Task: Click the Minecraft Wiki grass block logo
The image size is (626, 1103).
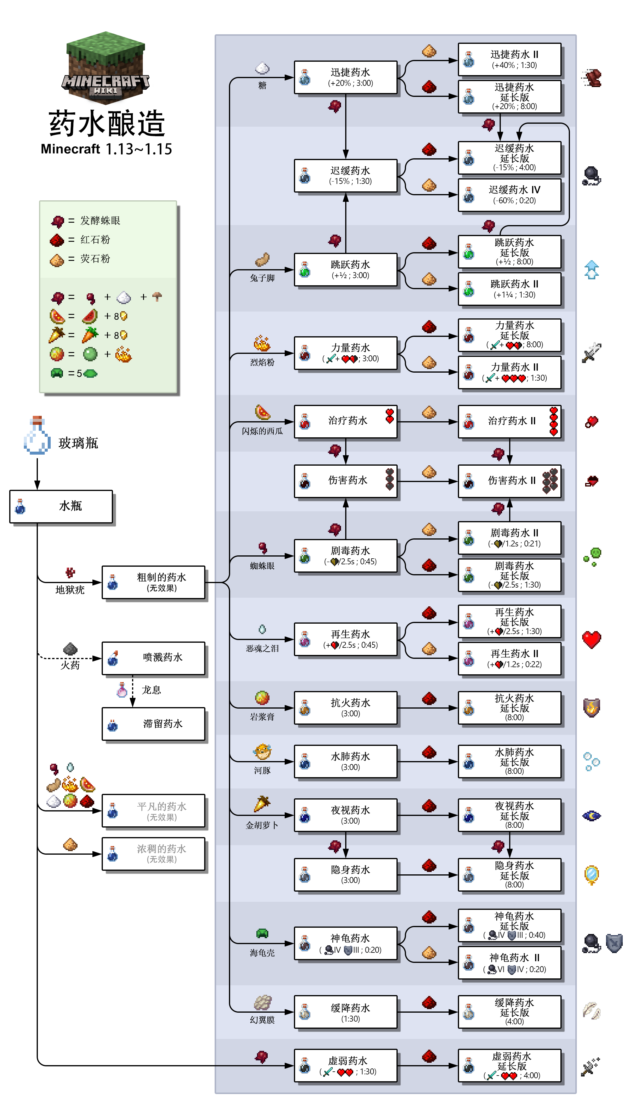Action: tap(106, 66)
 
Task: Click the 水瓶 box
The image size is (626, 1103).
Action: tap(61, 506)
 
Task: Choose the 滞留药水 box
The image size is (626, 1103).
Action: tap(154, 724)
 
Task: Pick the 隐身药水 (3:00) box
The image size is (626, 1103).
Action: tap(346, 874)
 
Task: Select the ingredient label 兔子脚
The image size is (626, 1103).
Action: tap(262, 278)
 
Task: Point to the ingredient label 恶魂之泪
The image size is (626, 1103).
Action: tap(262, 648)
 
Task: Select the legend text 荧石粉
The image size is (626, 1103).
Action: tap(95, 259)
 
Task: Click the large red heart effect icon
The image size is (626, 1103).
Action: tap(592, 640)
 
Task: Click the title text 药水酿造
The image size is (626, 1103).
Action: tap(107, 124)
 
